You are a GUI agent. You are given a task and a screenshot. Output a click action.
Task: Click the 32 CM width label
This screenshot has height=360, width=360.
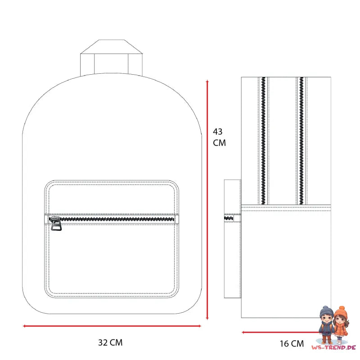[110, 342]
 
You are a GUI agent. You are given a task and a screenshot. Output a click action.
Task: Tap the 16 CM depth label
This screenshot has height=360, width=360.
[292, 344]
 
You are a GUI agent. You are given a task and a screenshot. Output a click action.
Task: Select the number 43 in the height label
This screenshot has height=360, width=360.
[218, 131]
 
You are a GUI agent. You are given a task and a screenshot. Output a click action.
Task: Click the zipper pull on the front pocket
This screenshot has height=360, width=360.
[55, 223]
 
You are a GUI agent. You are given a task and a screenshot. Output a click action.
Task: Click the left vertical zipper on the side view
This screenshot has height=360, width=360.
[263, 141]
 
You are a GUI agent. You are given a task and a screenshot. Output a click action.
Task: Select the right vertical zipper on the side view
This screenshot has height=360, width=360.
[301, 141]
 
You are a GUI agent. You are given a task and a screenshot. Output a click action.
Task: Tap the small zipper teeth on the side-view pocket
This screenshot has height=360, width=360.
[229, 218]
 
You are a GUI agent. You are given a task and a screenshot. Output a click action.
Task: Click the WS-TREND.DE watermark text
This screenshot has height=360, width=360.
[333, 347]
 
